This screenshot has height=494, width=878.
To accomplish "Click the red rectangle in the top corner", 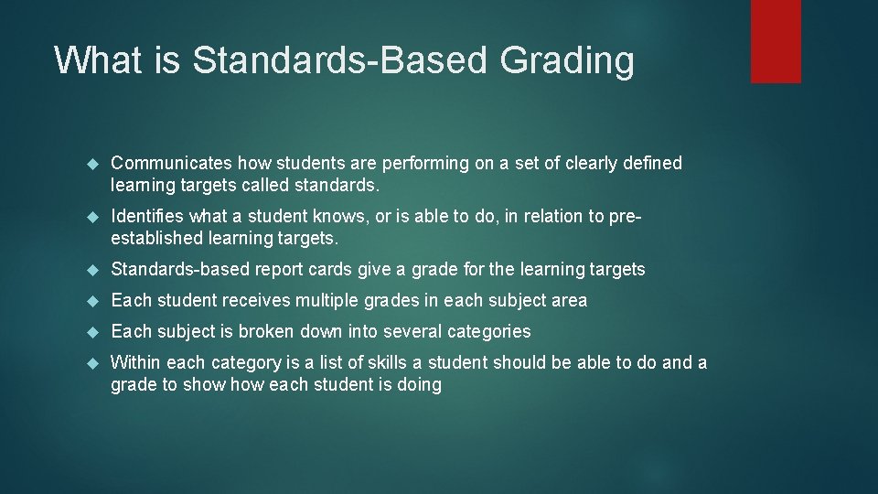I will tap(776, 41).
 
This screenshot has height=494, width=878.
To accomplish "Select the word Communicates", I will tap(171, 163).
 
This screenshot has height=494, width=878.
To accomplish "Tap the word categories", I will tap(487, 331).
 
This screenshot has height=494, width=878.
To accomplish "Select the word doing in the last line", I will tap(418, 385).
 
